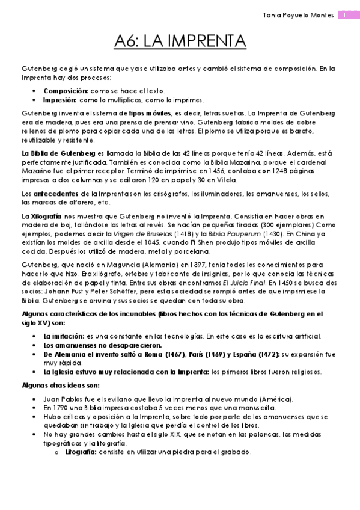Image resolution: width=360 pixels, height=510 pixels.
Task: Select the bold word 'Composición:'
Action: (66, 90)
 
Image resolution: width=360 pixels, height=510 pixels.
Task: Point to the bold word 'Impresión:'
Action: (59, 100)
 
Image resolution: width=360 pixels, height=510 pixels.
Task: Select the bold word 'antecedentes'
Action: (52, 194)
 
